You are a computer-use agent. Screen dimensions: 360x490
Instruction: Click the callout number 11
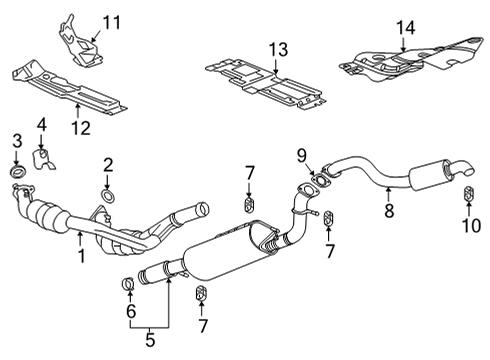(112, 20)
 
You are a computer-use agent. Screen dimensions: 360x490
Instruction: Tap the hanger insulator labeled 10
(468, 192)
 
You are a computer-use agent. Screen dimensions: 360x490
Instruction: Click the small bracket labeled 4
(43, 158)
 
